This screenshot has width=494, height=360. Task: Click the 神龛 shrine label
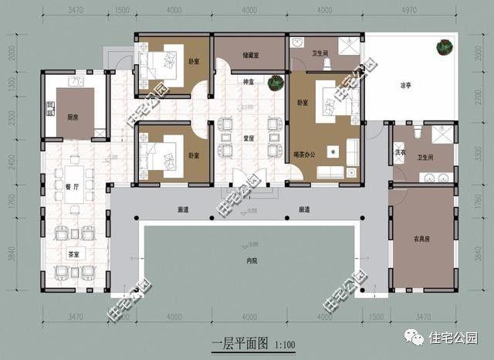pyautogui.click(x=249, y=81)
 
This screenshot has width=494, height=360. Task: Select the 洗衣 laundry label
pyautogui.click(x=401, y=152)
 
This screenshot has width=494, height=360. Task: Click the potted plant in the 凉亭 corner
pyautogui.click(x=445, y=48)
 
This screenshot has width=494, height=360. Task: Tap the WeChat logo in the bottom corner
pyautogui.click(x=416, y=338)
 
